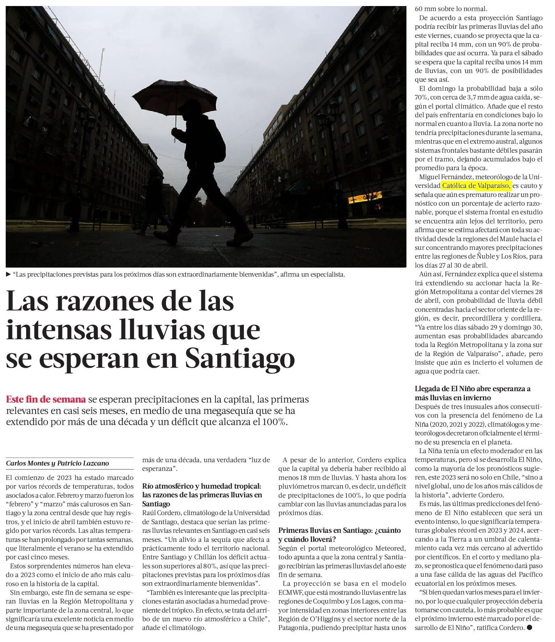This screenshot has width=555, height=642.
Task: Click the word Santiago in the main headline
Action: tap(240, 358)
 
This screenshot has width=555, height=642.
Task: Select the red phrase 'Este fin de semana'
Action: tap(46, 400)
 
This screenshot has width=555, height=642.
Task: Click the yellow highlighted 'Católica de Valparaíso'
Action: tap(476, 186)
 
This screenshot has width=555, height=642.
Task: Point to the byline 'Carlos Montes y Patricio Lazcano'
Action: tap(57, 463)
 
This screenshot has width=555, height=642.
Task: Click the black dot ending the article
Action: tap(529, 627)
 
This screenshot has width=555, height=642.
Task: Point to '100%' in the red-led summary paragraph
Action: tap(275, 422)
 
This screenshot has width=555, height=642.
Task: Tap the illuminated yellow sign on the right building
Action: tap(365, 198)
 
